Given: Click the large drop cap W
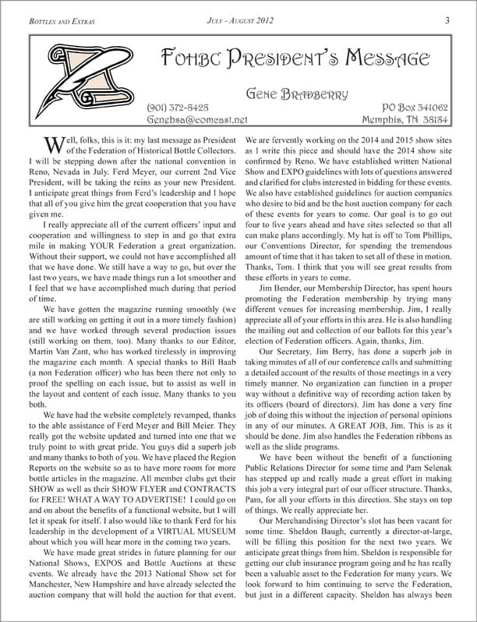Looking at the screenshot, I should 55,146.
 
